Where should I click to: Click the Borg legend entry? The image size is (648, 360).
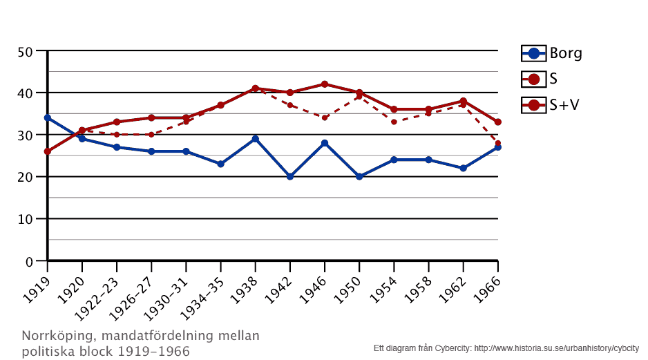(x=551, y=53)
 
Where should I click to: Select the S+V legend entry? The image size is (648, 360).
(x=551, y=104)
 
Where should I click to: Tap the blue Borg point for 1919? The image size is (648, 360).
(x=47, y=117)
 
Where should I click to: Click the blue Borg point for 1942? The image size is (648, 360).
(x=290, y=176)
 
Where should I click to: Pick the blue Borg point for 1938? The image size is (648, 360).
(x=255, y=139)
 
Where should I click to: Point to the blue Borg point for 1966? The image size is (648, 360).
(x=497, y=147)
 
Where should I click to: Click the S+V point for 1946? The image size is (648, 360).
(x=325, y=84)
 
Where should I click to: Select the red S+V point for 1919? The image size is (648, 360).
(x=47, y=151)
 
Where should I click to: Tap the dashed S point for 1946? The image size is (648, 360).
(x=325, y=117)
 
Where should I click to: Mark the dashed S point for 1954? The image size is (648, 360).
(x=394, y=122)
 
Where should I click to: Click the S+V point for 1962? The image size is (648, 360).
(x=463, y=101)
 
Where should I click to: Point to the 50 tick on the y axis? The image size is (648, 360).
(x=26, y=51)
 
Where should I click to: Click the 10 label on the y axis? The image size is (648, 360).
(x=26, y=219)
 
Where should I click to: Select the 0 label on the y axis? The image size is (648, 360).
(x=29, y=261)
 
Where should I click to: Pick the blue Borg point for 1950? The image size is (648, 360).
(x=359, y=176)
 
